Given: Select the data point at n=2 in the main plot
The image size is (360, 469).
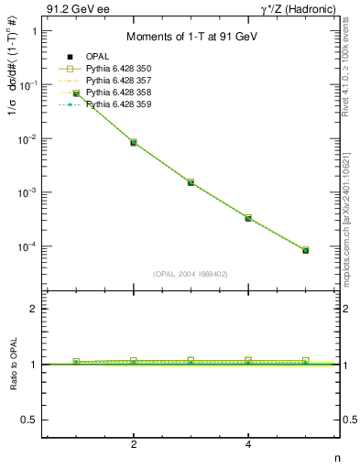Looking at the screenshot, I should coord(134,143).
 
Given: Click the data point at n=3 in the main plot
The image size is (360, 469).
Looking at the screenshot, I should coord(191,182).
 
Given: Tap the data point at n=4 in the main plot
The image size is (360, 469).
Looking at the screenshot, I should coord(248,218).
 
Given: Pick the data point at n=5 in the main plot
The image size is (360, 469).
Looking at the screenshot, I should coord(305,250).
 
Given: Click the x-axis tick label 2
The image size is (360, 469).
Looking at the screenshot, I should coord(134,444).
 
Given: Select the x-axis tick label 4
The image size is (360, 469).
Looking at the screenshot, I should coord(248,444).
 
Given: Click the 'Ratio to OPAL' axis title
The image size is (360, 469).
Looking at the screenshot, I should coord(12,366).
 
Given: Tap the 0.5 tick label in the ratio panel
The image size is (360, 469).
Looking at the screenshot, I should coord(30,420).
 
